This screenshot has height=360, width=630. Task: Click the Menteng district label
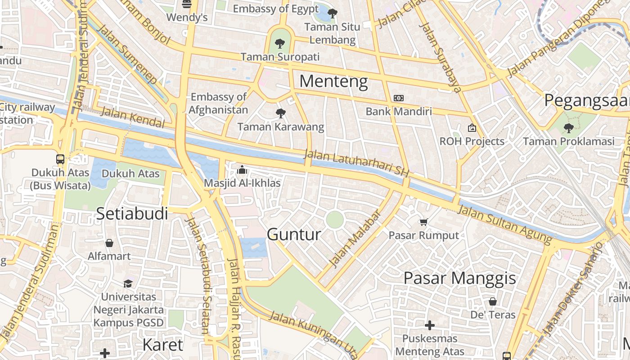(x=333, y=81)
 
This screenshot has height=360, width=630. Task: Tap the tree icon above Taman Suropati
(x=280, y=44)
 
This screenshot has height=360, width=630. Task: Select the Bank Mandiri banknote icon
(x=398, y=98)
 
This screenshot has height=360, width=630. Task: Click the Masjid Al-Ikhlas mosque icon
(x=242, y=170)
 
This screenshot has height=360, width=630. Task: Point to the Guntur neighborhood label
(x=294, y=234)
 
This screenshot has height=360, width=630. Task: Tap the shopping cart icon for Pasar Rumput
(x=423, y=222)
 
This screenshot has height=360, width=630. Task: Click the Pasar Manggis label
(x=459, y=278)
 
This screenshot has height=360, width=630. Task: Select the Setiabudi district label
(x=132, y=213)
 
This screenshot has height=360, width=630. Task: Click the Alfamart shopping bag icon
(x=109, y=243)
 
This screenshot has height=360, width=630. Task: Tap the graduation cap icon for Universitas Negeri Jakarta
(x=128, y=283)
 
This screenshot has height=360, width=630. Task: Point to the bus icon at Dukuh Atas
(x=60, y=159)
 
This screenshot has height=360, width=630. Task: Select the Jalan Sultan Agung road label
(x=504, y=224)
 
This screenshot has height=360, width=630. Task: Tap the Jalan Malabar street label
(x=355, y=238)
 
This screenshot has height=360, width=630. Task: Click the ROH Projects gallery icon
(x=472, y=128)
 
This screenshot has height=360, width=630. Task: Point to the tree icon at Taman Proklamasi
(x=568, y=128)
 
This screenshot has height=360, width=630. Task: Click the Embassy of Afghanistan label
(x=218, y=103)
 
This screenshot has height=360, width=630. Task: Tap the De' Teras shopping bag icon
(x=493, y=301)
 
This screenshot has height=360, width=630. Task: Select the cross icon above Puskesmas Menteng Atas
(x=430, y=325)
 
